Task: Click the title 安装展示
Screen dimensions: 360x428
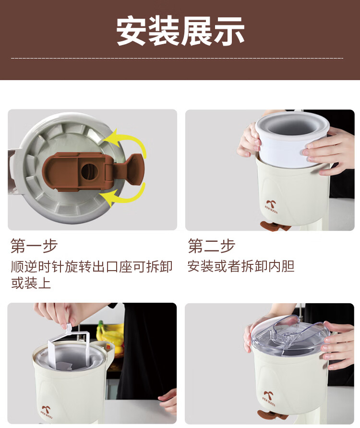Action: click(180, 31)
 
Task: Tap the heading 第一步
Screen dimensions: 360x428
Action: click(34, 246)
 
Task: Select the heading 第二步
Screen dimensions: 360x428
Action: click(211, 245)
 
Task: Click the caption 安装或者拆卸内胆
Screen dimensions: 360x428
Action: click(241, 266)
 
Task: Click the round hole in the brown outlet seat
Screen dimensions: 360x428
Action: click(89, 172)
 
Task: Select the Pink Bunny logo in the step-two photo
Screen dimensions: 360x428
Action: click(271, 207)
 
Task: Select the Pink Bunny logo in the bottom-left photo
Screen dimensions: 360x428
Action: click(47, 412)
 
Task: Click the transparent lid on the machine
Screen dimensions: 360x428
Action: click(290, 336)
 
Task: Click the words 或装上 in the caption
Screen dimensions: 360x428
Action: click(31, 283)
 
